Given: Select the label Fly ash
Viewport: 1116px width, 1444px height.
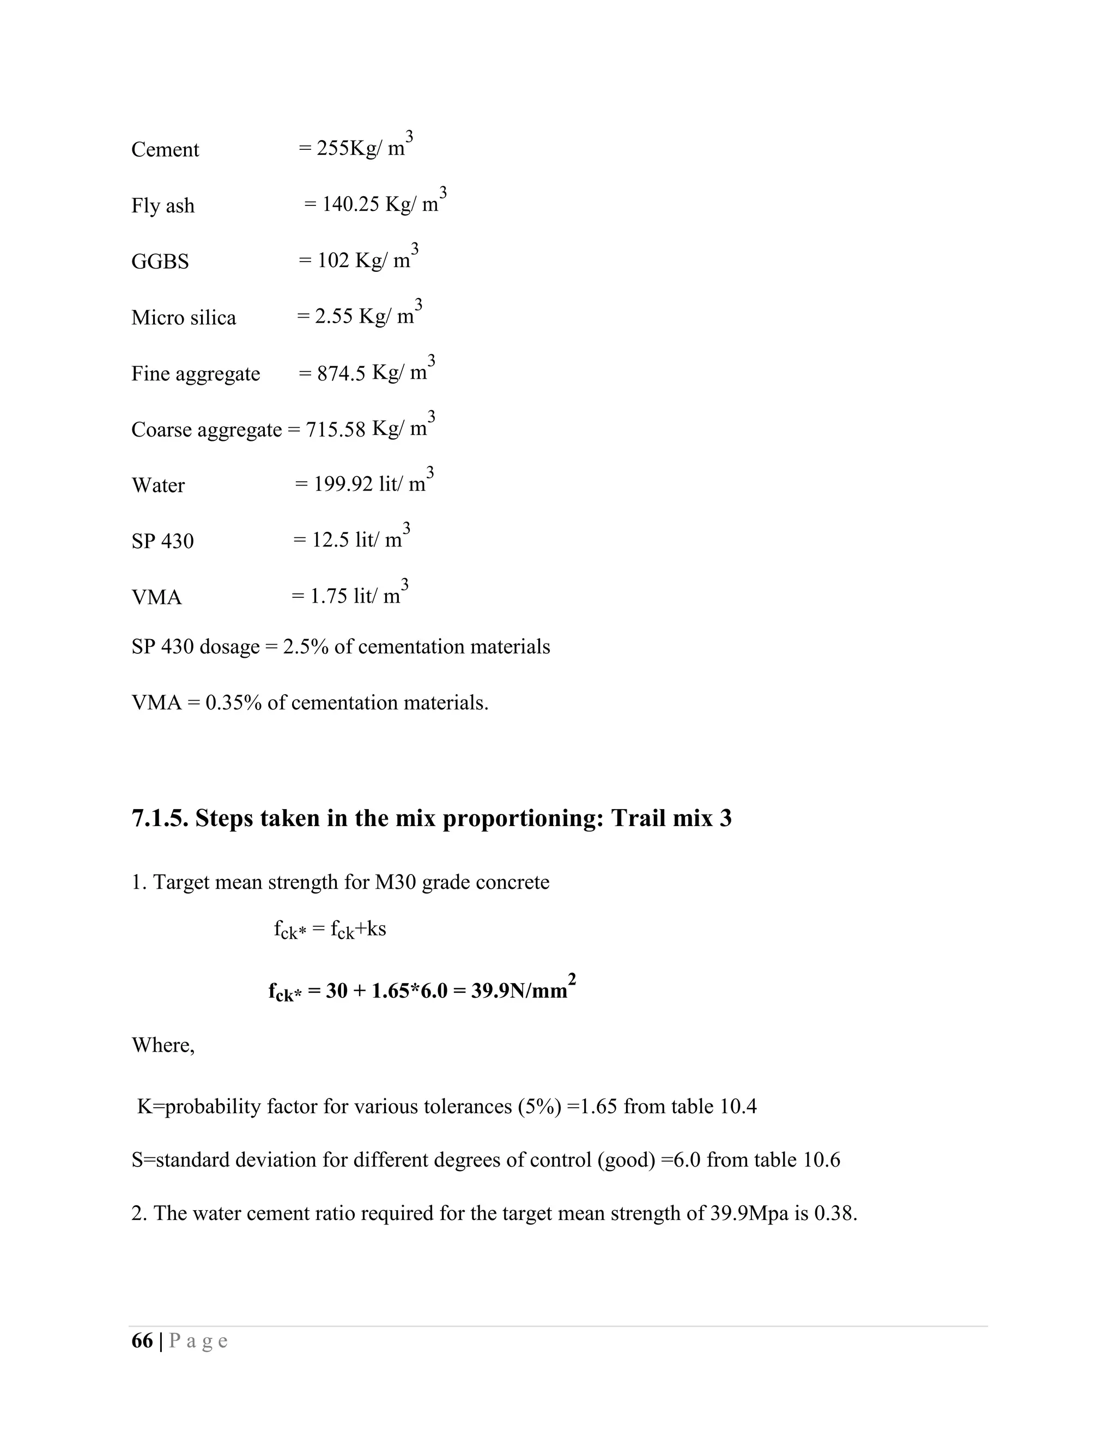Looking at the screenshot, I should [x=162, y=205].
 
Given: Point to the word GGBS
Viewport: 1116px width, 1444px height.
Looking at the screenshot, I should [x=160, y=262].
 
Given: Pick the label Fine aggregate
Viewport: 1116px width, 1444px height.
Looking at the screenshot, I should [x=196, y=374].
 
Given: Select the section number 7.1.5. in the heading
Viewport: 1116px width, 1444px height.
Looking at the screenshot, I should [x=160, y=818].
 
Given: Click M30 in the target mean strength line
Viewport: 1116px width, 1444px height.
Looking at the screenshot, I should [x=395, y=883].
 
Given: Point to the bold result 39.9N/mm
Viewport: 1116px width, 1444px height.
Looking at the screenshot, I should [x=519, y=992].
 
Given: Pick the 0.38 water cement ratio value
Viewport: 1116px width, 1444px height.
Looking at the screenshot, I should [x=835, y=1214].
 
